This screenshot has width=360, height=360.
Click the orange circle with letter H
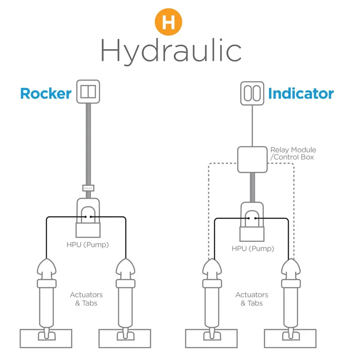point(168,22)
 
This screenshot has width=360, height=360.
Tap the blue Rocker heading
point(45,93)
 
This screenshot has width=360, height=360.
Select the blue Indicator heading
point(300,93)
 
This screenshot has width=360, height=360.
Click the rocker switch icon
point(88,91)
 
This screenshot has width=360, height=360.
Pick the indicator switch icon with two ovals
point(253,92)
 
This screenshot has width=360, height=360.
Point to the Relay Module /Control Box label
point(293,153)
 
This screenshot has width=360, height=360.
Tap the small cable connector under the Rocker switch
point(88,188)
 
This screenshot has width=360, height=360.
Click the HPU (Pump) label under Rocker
point(88,244)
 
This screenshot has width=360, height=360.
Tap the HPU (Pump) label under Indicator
point(253,248)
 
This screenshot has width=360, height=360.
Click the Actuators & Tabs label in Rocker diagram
point(86,299)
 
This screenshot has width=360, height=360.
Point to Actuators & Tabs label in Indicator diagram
point(252,299)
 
